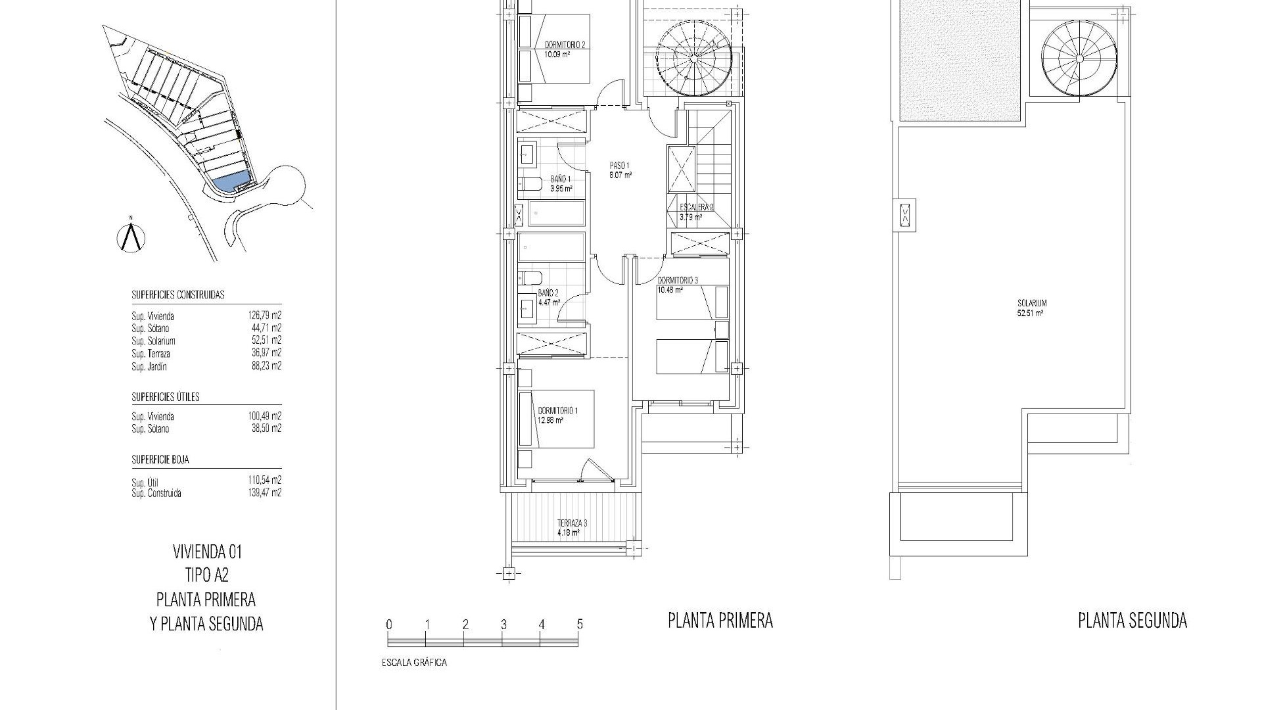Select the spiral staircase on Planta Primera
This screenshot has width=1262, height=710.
coord(694,60)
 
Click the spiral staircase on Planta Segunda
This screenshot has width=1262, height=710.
coord(1079,58)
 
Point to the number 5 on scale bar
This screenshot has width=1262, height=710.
coord(579,625)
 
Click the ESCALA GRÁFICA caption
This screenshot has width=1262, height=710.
coord(414,663)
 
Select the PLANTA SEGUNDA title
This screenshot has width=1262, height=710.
coord(1132,621)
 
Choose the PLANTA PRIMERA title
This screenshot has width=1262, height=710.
coord(720,621)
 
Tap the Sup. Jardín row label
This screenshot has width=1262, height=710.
coord(149,367)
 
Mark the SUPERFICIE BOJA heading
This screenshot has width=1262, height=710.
coord(160,460)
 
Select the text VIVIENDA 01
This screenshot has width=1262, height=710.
coord(206,551)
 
